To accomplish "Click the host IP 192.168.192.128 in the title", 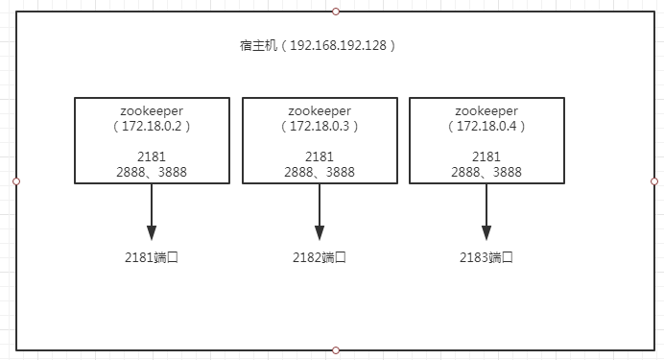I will [x=338, y=46].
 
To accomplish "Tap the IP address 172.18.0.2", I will [x=152, y=126].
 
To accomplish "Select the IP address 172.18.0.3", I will [x=320, y=126].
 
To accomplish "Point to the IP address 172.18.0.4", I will [x=486, y=126].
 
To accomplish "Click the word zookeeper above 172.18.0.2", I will [x=152, y=110].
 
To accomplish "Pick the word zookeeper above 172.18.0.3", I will [x=320, y=110].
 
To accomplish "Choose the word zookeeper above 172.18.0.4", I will [x=486, y=110].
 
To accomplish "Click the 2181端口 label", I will [x=152, y=257].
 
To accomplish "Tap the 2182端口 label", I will [x=320, y=257].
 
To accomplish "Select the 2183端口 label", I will [x=486, y=257].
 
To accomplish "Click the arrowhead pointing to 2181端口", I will [x=152, y=233].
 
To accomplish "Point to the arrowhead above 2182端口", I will [x=320, y=233].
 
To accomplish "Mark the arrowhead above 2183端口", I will [x=486, y=233].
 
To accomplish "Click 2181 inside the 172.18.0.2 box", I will [x=152, y=157].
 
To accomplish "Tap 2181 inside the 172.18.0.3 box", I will [x=320, y=157].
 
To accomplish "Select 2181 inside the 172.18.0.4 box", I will [x=486, y=157].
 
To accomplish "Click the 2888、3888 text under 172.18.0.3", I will [x=320, y=173].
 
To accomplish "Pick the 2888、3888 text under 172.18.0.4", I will [x=486, y=173].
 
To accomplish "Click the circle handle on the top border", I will [x=335, y=12].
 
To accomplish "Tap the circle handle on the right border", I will [x=654, y=181].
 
